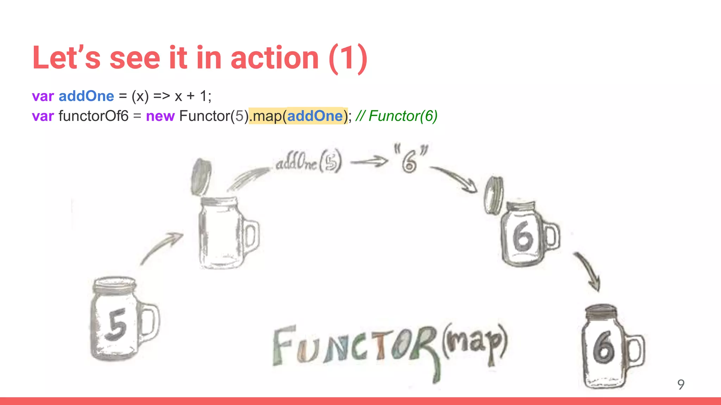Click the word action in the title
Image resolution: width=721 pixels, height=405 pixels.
(275, 58)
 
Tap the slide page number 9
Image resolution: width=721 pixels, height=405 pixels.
(681, 384)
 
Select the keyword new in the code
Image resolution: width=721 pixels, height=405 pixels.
(160, 116)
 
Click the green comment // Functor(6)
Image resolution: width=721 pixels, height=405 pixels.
(396, 116)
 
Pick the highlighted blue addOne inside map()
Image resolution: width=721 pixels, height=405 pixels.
(315, 116)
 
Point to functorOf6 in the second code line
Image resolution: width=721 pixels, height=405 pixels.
(94, 116)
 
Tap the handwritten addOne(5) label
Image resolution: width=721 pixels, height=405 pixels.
(308, 162)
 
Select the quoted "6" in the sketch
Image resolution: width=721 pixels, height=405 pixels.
(410, 159)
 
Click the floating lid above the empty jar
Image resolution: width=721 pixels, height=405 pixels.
(201, 177)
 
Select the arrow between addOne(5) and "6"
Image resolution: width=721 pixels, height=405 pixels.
(369, 162)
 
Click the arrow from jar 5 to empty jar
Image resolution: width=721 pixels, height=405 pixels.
(162, 248)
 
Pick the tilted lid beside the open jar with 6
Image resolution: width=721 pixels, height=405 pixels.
(494, 195)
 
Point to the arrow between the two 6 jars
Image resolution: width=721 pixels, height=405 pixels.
(588, 271)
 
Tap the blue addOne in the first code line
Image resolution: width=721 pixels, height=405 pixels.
(86, 96)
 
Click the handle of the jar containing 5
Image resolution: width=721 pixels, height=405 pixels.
(151, 322)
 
